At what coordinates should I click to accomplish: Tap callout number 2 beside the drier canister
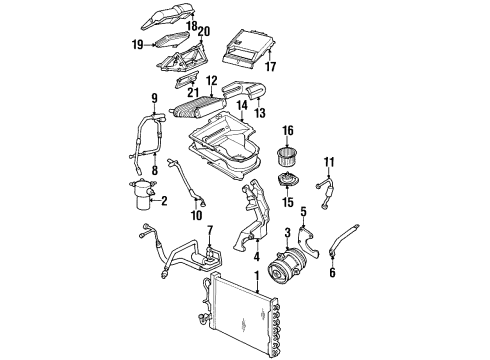(x=165, y=202)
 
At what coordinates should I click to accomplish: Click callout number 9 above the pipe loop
(x=154, y=97)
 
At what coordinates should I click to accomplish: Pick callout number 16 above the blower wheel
(x=287, y=130)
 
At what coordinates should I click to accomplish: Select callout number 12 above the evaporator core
(x=211, y=80)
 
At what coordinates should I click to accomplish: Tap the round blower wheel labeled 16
(x=288, y=155)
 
